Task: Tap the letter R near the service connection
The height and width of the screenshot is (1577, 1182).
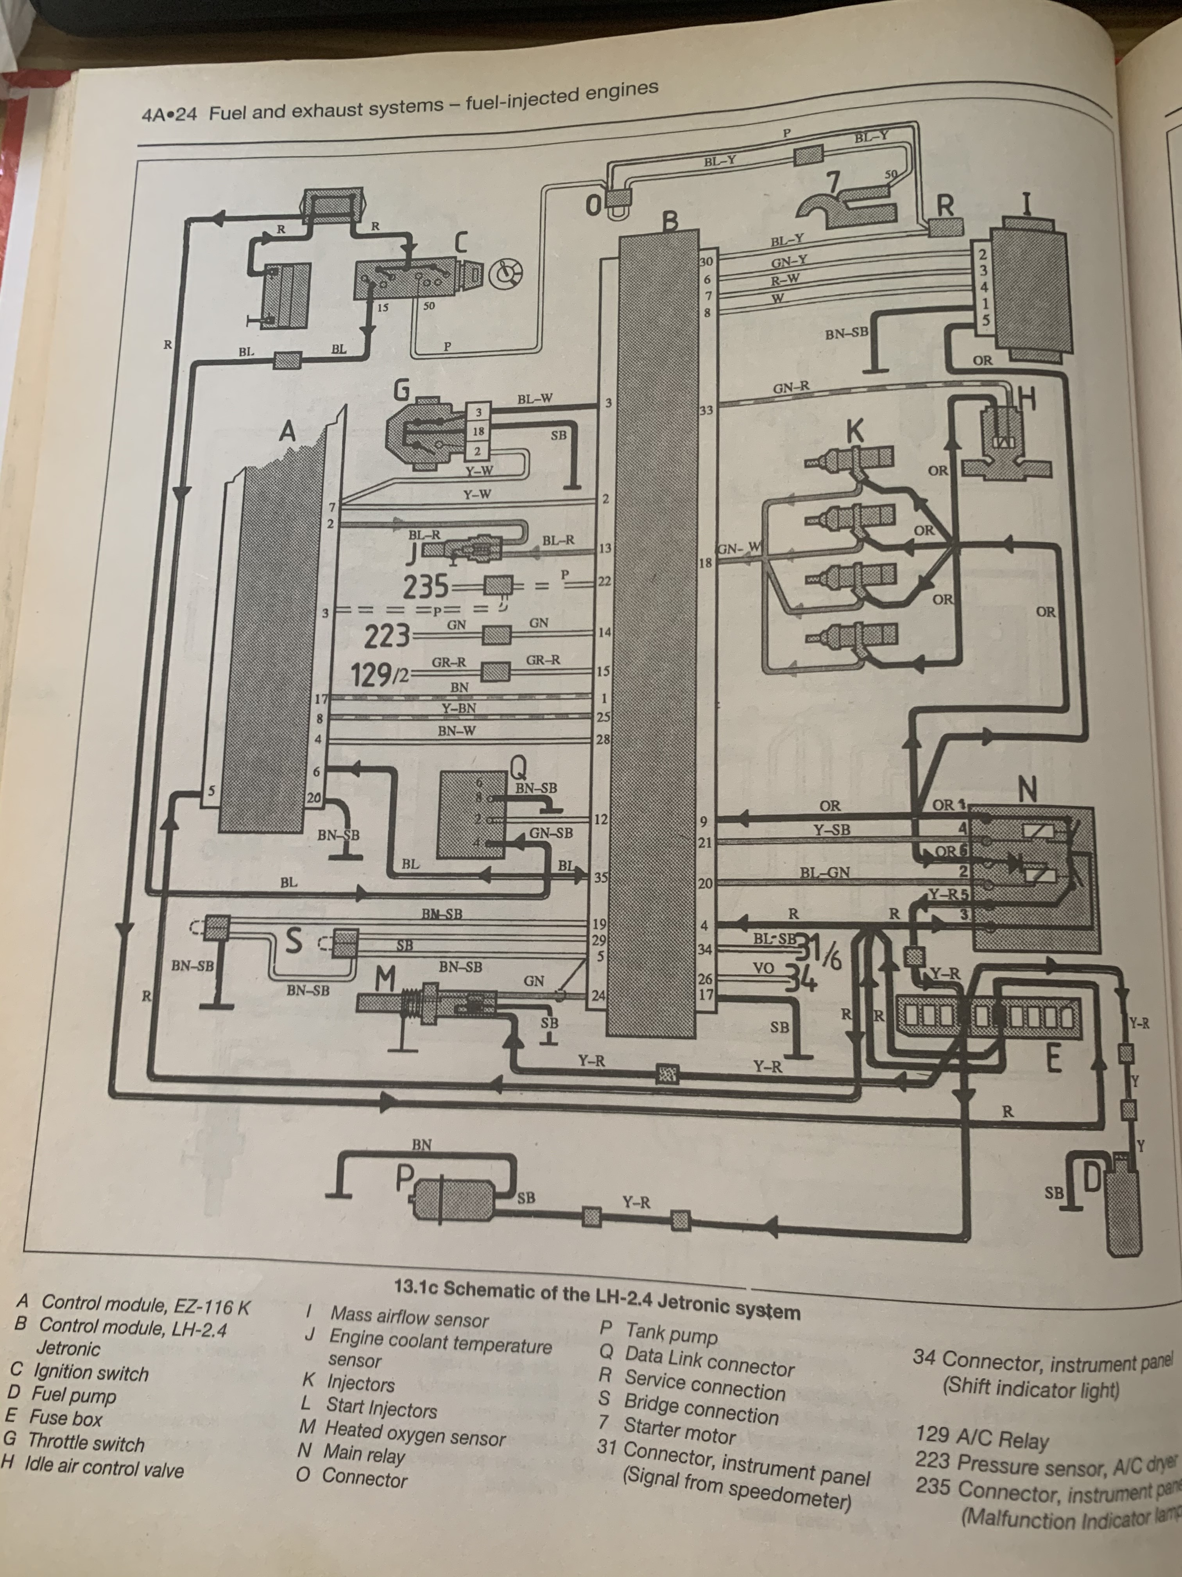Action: click(945, 206)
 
